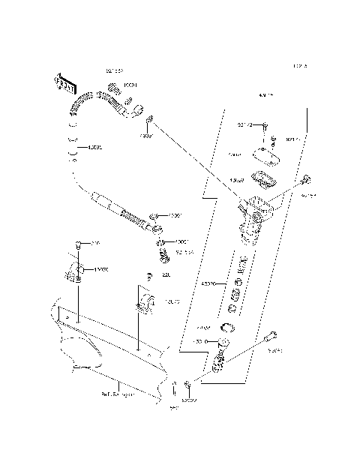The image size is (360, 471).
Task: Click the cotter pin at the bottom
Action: [175, 390]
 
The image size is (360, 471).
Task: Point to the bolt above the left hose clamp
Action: [79, 246]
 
